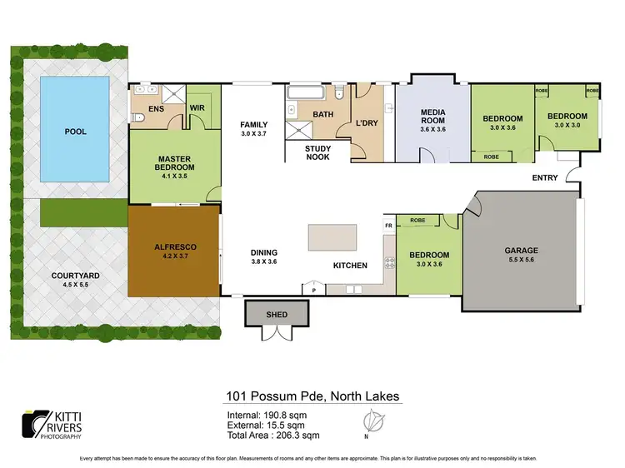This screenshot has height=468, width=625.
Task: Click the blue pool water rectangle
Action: [x=75, y=131]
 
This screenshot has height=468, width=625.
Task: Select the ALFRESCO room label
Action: [x=174, y=247]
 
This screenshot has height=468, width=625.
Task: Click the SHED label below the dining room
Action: [x=277, y=314]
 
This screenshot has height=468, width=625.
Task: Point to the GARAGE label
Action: [x=521, y=250]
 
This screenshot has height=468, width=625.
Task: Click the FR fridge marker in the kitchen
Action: [x=388, y=226]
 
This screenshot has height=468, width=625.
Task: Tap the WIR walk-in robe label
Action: [x=198, y=107]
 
